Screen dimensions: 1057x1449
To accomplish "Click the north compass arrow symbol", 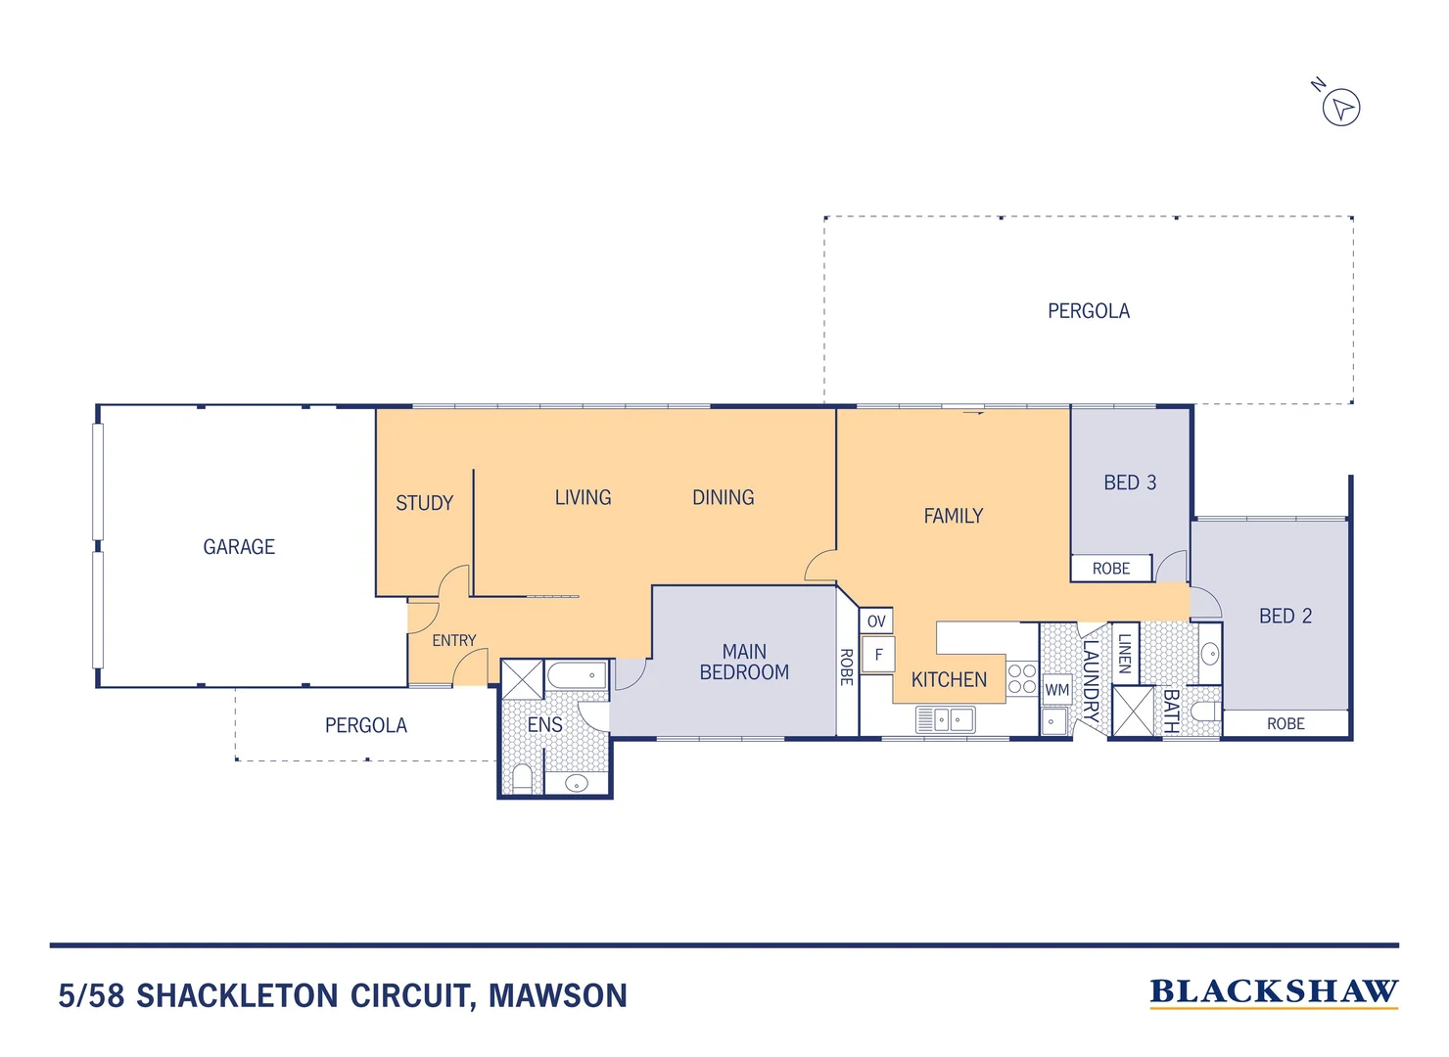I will tap(1341, 107).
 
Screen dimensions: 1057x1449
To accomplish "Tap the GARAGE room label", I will tap(239, 547).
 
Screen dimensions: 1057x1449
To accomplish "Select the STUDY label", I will tap(424, 503).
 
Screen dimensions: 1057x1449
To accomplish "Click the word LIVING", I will tap(583, 497).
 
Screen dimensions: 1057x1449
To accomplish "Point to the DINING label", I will tap(723, 497).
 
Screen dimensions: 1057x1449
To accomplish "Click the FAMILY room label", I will tap(953, 516).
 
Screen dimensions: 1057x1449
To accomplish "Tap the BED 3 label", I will tap(1130, 483).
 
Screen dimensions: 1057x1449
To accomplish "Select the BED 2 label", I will tap(1285, 616).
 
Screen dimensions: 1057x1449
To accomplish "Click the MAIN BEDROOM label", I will tap(744, 663).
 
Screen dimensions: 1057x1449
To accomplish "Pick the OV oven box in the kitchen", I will tap(876, 620).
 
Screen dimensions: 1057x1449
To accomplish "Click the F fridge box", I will tap(878, 655).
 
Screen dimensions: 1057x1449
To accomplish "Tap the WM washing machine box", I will tap(1056, 690).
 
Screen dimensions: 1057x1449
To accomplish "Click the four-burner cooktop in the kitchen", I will tap(1021, 678).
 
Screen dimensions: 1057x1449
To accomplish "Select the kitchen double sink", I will tap(946, 720).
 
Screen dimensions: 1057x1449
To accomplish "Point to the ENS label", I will tap(544, 725).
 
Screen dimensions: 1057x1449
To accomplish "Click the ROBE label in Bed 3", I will tap(1111, 569).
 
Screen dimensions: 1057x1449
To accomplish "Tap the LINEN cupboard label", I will tap(1125, 653).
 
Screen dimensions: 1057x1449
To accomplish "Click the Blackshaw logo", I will tap(1273, 992).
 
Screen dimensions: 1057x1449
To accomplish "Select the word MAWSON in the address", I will tap(558, 996).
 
